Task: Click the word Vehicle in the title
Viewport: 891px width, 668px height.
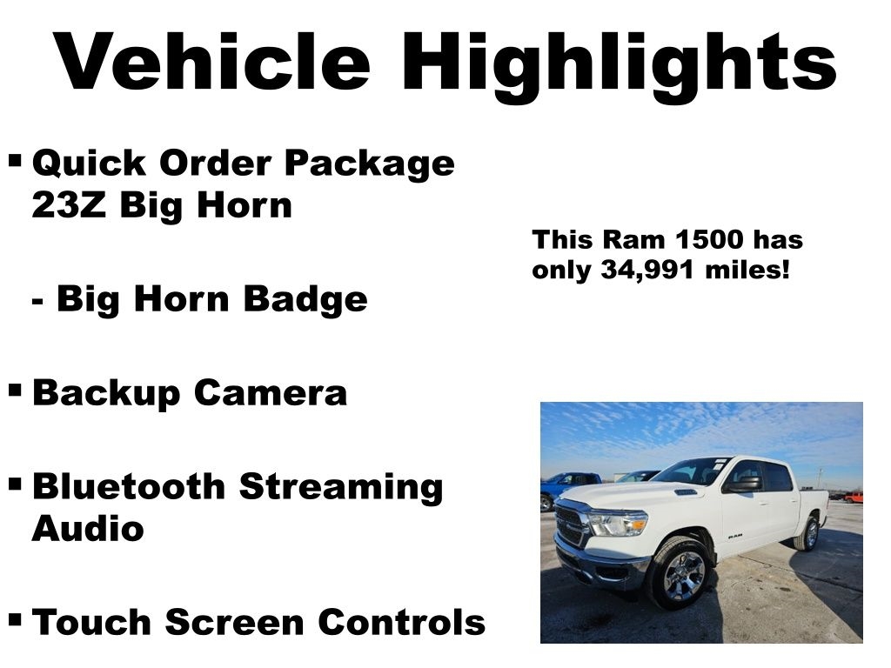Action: (x=212, y=62)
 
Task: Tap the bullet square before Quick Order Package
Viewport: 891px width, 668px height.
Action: (x=15, y=160)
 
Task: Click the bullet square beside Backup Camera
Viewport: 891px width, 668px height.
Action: (x=15, y=391)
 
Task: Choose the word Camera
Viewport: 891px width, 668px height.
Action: (x=270, y=392)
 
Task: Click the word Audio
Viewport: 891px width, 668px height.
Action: (x=87, y=528)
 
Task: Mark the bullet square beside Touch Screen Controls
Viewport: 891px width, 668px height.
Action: (x=15, y=620)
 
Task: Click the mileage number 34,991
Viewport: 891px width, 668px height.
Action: (x=646, y=270)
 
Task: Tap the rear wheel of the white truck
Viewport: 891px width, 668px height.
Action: (x=808, y=533)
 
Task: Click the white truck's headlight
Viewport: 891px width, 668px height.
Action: (x=618, y=523)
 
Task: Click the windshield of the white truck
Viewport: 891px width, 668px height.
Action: (x=692, y=471)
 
